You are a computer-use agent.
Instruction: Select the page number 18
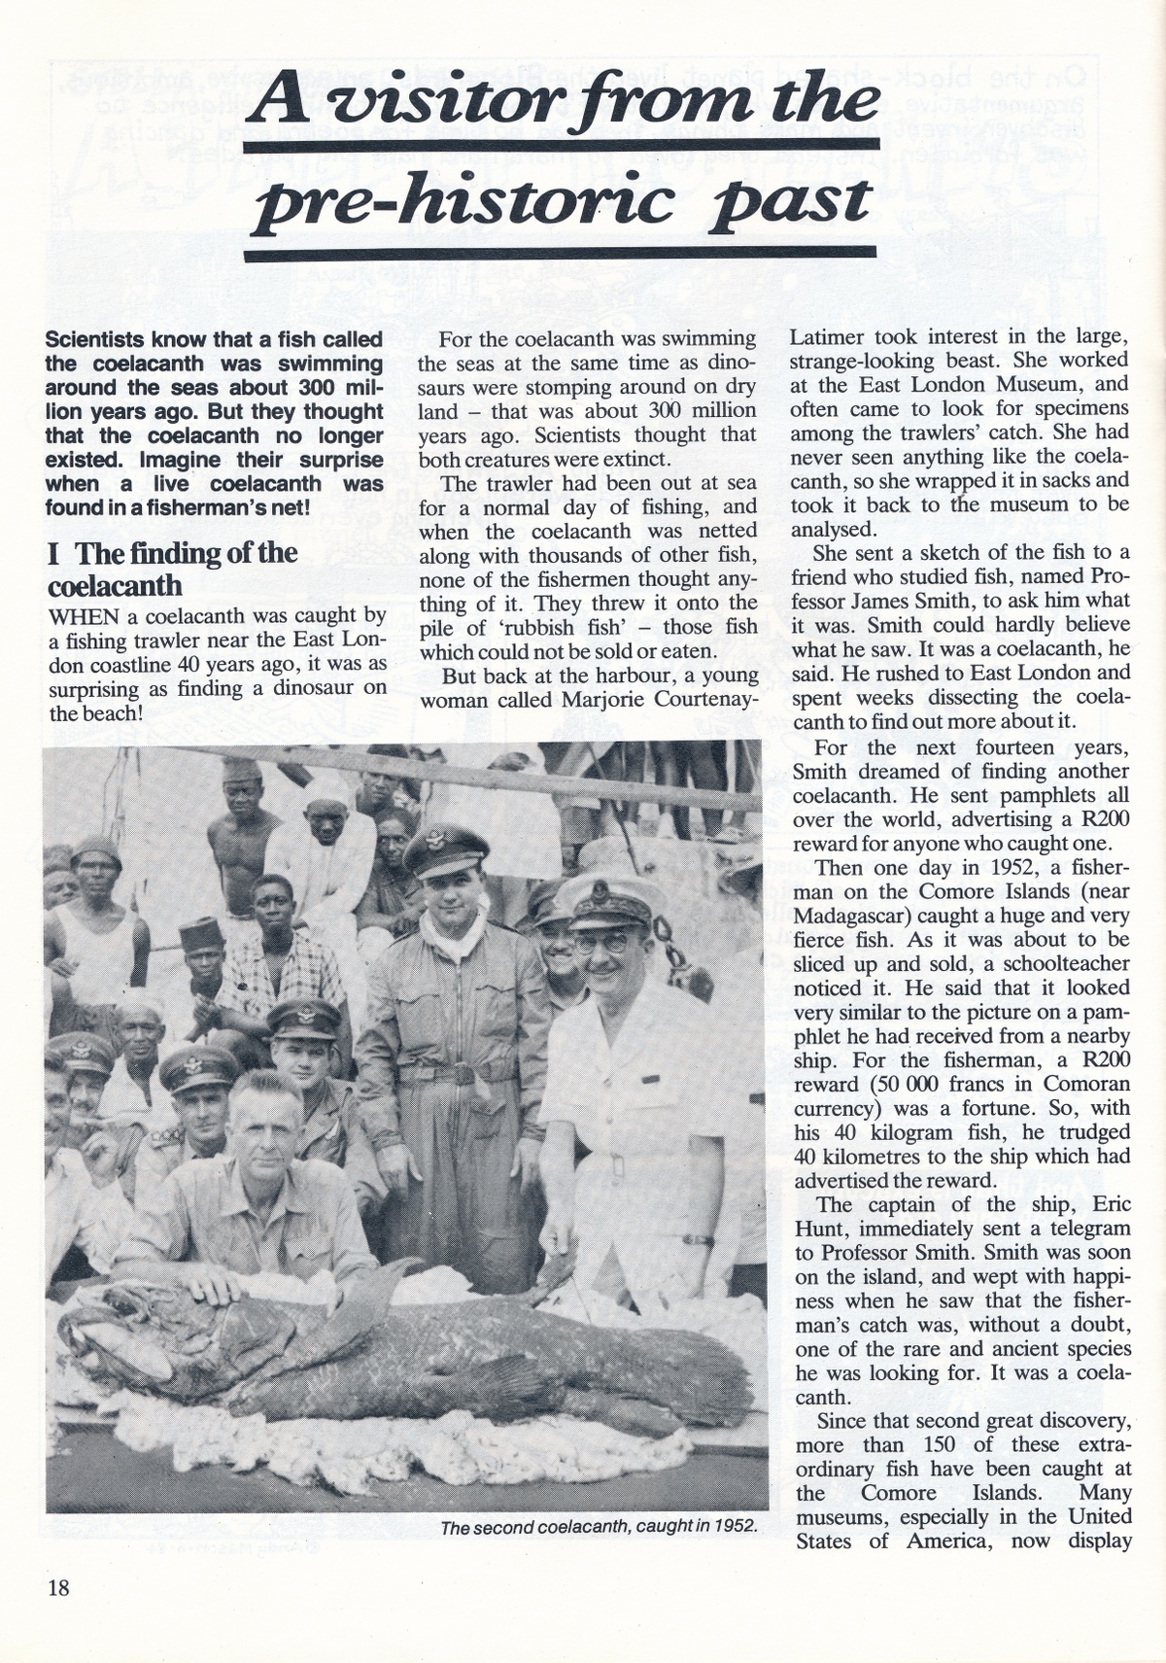(58, 1587)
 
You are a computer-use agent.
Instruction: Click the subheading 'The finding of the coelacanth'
(172, 569)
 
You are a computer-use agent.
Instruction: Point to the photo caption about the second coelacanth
(599, 1527)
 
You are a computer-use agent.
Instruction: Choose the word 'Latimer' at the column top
(827, 337)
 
